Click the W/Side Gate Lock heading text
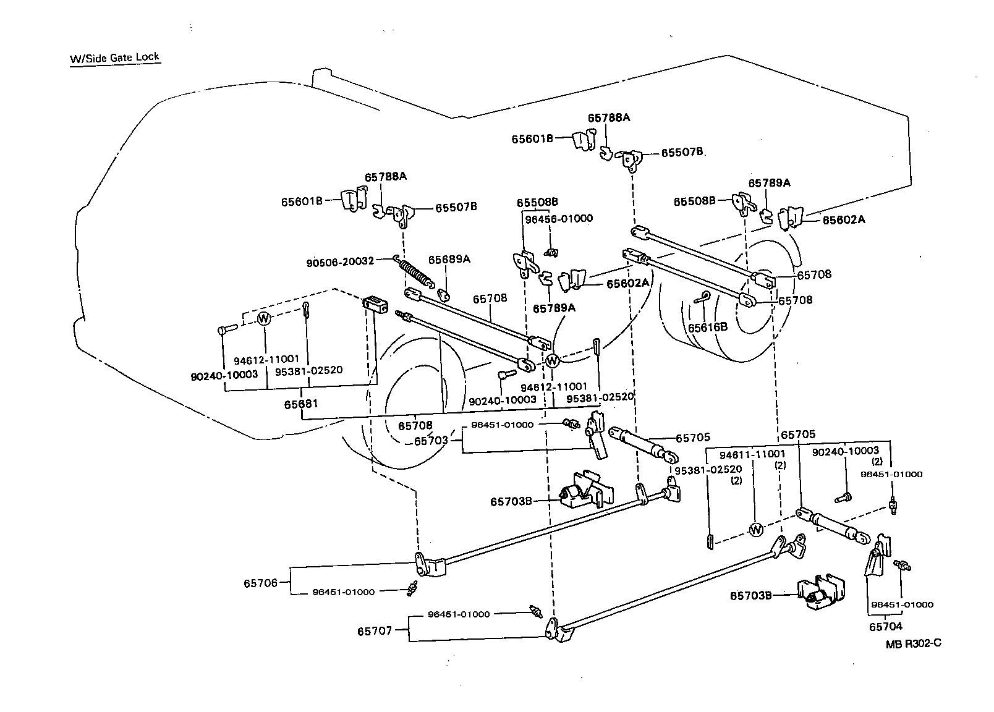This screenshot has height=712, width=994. coord(115,58)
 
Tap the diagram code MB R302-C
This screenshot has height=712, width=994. coord(913,643)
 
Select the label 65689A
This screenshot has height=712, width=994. coord(449,260)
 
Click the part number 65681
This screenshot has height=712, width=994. coord(301,404)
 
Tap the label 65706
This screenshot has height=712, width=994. coord(260,583)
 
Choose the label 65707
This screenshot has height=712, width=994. coord(374,632)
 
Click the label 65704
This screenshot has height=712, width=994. coord(885,627)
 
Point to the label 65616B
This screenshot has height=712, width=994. coord(708,327)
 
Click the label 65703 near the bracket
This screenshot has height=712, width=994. coord(431,441)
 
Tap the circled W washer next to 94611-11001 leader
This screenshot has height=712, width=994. coord(755,530)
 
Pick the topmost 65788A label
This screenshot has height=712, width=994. coord(608,117)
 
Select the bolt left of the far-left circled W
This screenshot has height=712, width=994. coord(226,329)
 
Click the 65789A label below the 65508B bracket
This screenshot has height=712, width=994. coord(554,308)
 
